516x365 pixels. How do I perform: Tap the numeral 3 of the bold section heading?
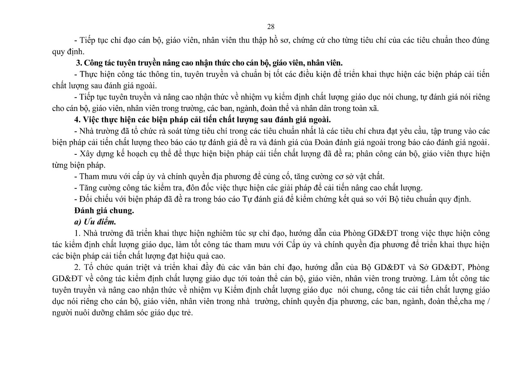coord(78,63)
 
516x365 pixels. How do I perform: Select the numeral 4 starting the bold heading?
coord(77,120)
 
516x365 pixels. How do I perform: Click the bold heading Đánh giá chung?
coord(104,211)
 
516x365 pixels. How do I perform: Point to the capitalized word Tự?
coord(247,199)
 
